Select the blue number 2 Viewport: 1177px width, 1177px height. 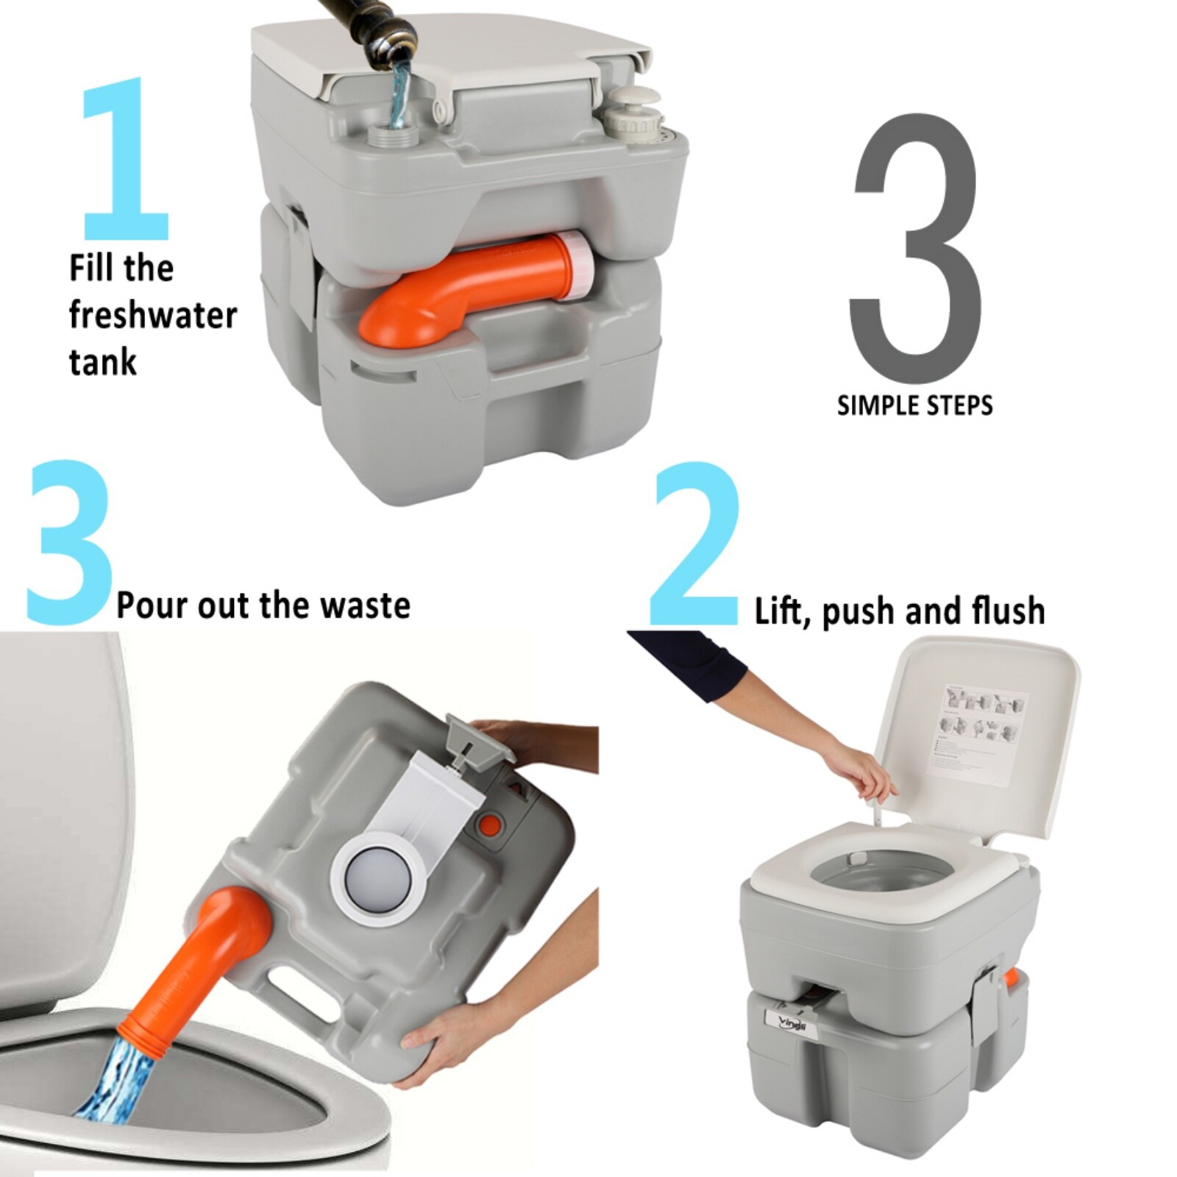pyautogui.click(x=695, y=544)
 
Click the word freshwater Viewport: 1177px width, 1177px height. pyautogui.click(x=152, y=316)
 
